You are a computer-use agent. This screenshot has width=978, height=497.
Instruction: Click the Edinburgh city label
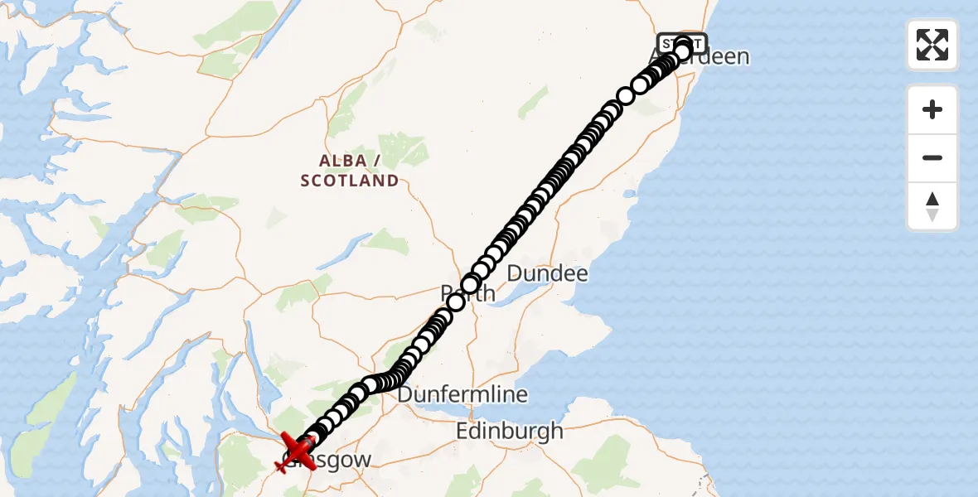(510, 431)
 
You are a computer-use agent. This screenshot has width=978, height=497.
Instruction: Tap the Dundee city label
(547, 273)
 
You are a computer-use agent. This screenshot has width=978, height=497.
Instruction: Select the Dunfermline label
(462, 394)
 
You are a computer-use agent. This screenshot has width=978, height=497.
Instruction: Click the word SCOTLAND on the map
(350, 181)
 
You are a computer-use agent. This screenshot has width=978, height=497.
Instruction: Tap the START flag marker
(682, 43)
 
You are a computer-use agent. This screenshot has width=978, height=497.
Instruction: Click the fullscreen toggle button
(932, 45)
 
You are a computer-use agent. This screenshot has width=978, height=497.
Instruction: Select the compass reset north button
(932, 206)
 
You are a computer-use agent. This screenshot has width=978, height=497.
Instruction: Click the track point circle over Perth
(470, 285)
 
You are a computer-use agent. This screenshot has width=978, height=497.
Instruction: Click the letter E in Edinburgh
(463, 431)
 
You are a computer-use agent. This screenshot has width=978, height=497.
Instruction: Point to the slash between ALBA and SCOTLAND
(377, 159)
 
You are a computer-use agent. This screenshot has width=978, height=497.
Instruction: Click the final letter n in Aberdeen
(743, 57)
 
